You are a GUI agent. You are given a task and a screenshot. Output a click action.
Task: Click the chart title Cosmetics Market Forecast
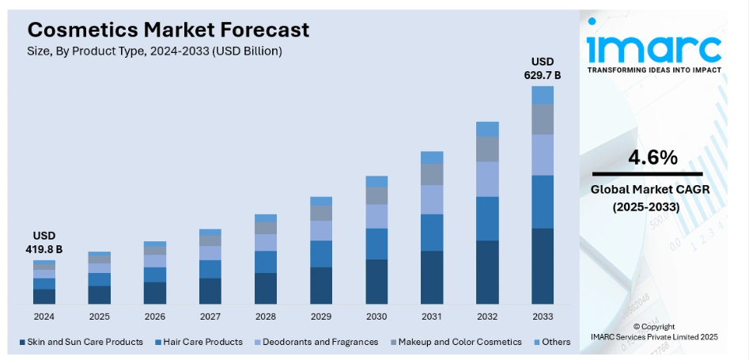(x=168, y=30)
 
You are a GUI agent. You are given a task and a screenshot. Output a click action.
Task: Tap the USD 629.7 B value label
(x=543, y=68)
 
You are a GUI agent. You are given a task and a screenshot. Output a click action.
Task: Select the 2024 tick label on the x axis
(x=44, y=316)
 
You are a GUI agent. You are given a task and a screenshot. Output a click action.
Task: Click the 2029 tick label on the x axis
(x=321, y=316)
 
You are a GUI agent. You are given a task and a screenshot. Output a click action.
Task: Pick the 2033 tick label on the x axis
(x=543, y=316)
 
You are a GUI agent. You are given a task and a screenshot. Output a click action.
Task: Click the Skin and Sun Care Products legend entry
(x=81, y=342)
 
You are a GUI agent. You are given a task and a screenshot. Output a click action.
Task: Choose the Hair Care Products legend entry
(x=199, y=342)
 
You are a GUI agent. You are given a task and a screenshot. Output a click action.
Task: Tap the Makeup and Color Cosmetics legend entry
(x=454, y=342)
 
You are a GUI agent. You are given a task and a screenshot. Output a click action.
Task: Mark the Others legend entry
(x=551, y=342)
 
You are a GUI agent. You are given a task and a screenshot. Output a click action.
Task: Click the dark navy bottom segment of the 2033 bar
(x=543, y=266)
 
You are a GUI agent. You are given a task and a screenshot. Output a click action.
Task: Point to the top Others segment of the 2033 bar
(x=543, y=95)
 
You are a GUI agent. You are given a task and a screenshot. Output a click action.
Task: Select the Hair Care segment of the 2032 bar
(x=487, y=218)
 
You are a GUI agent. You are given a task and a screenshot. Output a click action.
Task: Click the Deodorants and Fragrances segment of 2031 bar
(x=432, y=199)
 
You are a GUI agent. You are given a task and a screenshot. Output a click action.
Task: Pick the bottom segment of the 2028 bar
(x=266, y=288)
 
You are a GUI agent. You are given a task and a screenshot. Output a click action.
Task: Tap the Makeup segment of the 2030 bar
(x=376, y=195)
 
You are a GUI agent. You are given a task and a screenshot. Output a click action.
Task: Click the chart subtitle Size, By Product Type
(x=155, y=51)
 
